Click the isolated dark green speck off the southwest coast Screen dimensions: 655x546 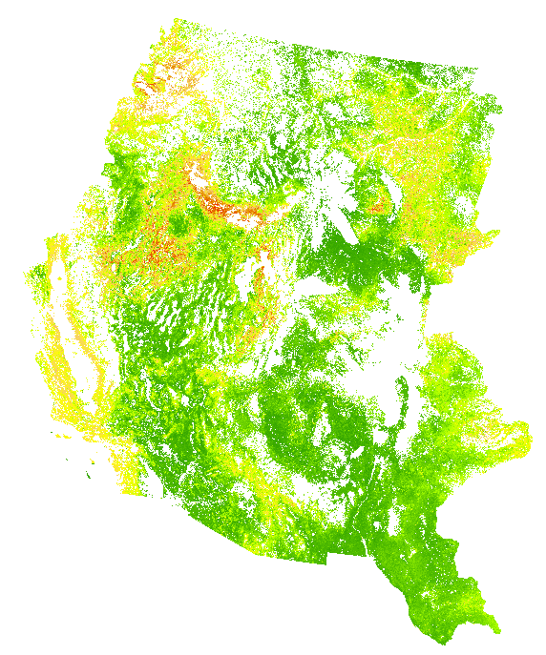[92, 474]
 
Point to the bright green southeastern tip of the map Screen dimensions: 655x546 [495, 628]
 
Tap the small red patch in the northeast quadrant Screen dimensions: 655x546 [381, 205]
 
